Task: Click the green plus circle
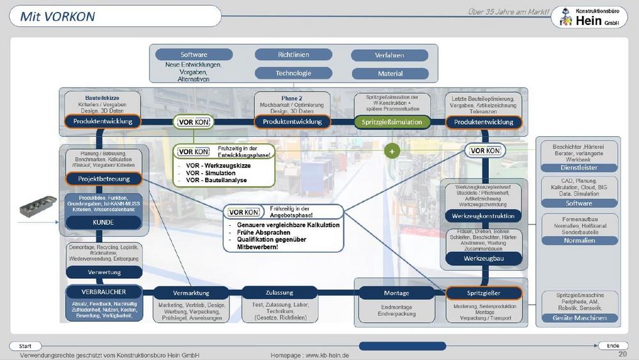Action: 391,152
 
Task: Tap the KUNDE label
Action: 103,223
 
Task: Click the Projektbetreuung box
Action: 103,179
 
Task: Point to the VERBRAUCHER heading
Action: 104,291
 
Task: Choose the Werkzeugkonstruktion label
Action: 482,216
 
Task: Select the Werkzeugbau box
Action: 482,258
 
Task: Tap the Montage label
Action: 396,293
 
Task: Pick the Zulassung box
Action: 281,293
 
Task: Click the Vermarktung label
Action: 191,293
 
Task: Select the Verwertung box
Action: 103,272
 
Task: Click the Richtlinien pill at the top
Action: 293,55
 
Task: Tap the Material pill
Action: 390,74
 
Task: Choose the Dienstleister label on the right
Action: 579,168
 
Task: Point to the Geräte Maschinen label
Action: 579,318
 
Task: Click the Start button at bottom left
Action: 26,346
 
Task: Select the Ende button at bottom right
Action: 612,346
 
